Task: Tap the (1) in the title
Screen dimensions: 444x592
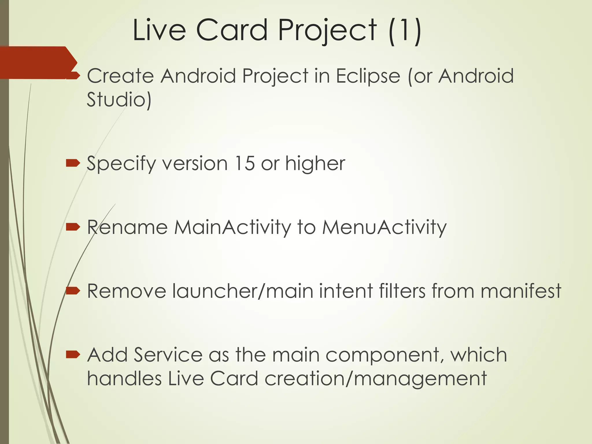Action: coord(404,30)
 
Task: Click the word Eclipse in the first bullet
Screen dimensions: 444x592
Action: coord(368,76)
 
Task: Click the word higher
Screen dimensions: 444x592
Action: coord(315,163)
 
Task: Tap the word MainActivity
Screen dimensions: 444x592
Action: coord(232,227)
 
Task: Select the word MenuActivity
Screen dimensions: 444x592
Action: coord(384,227)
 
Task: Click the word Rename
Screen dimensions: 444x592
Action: coord(127,227)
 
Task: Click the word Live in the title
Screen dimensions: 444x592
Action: coord(159,30)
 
